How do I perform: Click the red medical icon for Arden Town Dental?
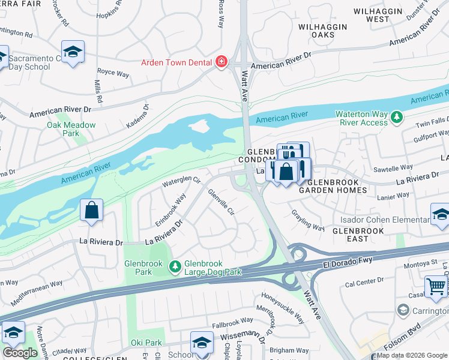pos(221,62)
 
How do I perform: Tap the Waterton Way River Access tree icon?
pos(396,116)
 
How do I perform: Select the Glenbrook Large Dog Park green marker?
pos(175,266)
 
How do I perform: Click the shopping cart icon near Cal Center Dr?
pos(435,286)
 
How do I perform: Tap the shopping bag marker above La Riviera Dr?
pos(91,211)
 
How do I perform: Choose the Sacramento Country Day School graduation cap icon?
pos(73,52)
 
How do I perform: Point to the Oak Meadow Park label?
pos(71,128)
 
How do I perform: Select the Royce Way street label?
pos(113,74)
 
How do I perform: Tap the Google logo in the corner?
pos(20,353)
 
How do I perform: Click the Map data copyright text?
pos(412,355)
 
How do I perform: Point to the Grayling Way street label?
pos(309,220)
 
